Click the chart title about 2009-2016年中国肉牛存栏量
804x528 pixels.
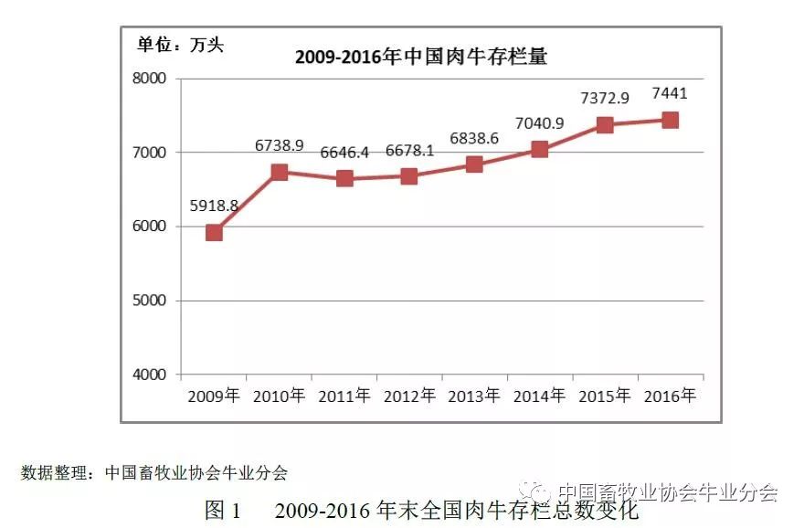pyautogui.click(x=421, y=57)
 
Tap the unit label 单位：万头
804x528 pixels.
pyautogui.click(x=180, y=45)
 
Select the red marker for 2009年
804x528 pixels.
pyautogui.click(x=214, y=233)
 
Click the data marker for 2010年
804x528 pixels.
pyautogui.click(x=279, y=173)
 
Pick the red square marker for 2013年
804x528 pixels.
pyautogui.click(x=474, y=164)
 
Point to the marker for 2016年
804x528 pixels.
pyautogui.click(x=671, y=121)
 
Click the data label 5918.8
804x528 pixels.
pyautogui.click(x=214, y=206)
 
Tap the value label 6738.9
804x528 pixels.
pyautogui.click(x=279, y=145)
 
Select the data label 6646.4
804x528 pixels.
pyautogui.click(x=344, y=153)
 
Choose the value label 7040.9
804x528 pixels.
pyautogui.click(x=539, y=123)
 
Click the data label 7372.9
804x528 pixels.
pyautogui.click(x=605, y=98)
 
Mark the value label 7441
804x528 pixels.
pyautogui.click(x=670, y=93)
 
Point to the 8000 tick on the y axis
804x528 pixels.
pyautogui.click(x=149, y=79)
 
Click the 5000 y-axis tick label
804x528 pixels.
pyautogui.click(x=149, y=301)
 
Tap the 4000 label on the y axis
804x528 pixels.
pyautogui.click(x=149, y=375)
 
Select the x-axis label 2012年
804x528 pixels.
pyautogui.click(x=409, y=396)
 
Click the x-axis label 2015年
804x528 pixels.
pyautogui.click(x=605, y=396)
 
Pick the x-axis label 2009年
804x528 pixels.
pyautogui.click(x=213, y=396)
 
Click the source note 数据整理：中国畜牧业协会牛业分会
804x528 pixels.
pyautogui.click(x=153, y=472)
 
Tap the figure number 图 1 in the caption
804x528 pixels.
pyautogui.click(x=223, y=510)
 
